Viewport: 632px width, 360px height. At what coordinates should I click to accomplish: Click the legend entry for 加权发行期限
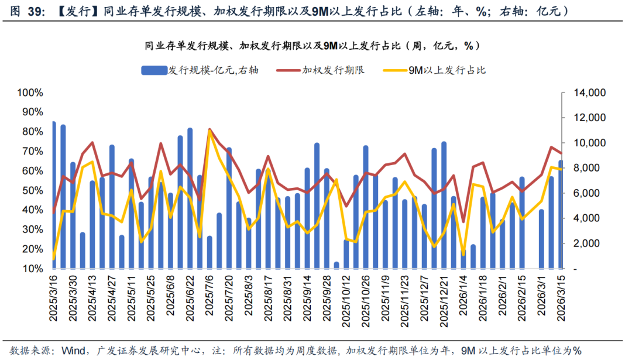pyautogui.click(x=333, y=70)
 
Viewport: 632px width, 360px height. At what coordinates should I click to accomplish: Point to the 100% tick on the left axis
pyautogui.click(x=30, y=92)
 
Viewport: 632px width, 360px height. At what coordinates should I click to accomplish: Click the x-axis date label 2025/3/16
pyautogui.click(x=54, y=299)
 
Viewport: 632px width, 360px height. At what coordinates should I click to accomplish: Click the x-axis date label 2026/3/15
pyautogui.click(x=561, y=299)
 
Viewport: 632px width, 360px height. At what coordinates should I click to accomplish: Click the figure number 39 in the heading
pyautogui.click(x=35, y=11)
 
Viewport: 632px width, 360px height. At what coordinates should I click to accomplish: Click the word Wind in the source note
pyautogui.click(x=66, y=350)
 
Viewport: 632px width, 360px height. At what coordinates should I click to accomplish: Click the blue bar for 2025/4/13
pyautogui.click(x=92, y=225)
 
